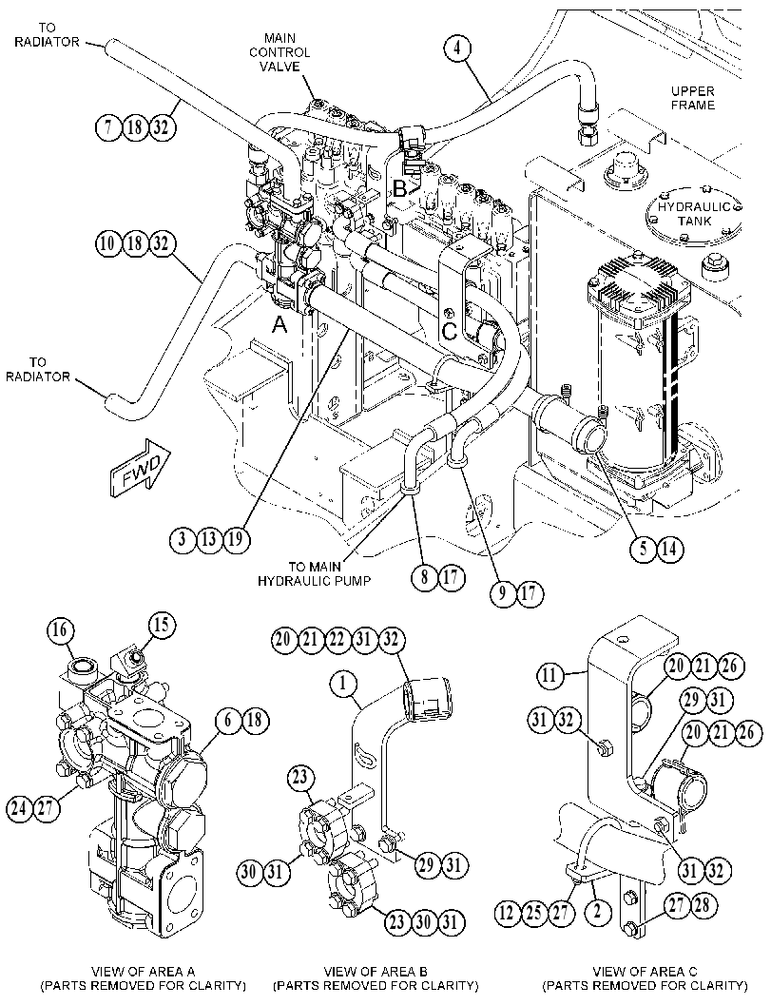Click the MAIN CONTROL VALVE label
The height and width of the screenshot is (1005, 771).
pos(279,52)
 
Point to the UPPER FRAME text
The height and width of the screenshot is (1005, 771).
pos(693,98)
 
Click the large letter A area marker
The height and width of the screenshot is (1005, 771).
pos(279,325)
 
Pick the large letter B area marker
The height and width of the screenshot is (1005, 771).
pos(399,189)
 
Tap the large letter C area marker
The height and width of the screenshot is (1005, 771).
pos(450,332)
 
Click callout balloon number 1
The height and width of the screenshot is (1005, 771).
pos(344,686)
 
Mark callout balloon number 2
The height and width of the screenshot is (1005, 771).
pos(598,912)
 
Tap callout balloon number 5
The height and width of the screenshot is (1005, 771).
pos(644,549)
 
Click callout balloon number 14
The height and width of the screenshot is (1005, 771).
pos(669,549)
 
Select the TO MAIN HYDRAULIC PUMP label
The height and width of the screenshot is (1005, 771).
pos(315,574)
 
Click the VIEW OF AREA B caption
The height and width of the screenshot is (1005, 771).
pos(376,971)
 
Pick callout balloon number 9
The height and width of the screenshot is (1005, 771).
pos(503,593)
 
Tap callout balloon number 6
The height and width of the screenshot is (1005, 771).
pos(228,721)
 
